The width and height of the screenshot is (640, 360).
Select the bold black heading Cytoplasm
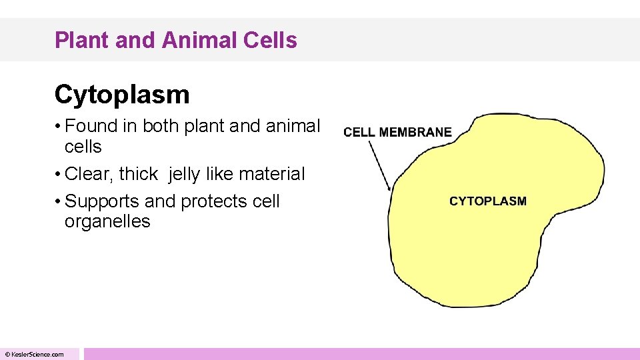click(122, 95)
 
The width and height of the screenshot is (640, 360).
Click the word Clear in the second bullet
click(89, 174)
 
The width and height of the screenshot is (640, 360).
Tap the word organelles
click(107, 222)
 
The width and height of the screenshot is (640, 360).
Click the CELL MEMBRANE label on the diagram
click(397, 132)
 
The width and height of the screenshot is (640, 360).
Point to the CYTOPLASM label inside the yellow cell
click(487, 201)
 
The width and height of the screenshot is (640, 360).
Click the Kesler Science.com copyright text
click(34, 355)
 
